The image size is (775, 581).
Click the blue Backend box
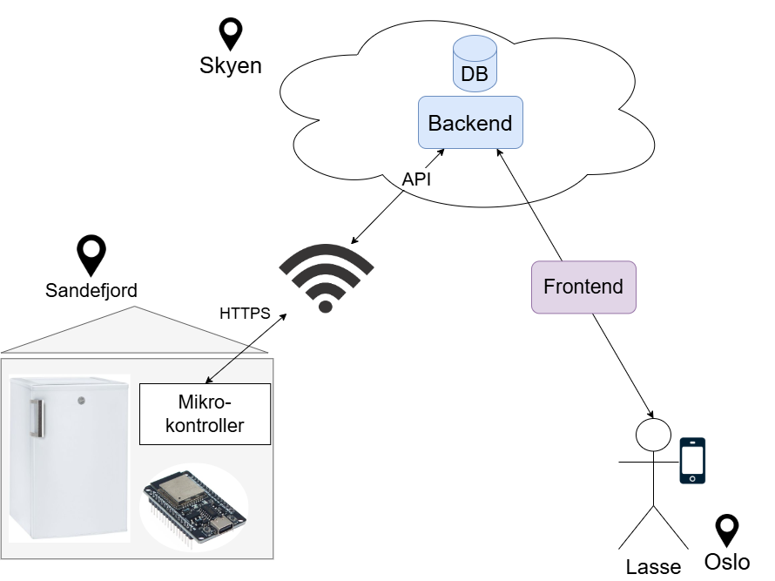click(x=470, y=123)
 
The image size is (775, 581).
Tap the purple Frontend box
click(x=583, y=287)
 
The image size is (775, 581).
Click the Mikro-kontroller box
click(x=205, y=414)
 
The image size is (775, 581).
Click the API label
click(x=416, y=179)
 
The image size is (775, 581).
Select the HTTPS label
click(x=245, y=313)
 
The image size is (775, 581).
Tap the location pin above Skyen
click(x=231, y=33)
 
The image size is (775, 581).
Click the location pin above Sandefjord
click(x=91, y=254)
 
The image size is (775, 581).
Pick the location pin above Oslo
click(x=726, y=530)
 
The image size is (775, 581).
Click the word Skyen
click(x=231, y=66)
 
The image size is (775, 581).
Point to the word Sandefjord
click(x=91, y=290)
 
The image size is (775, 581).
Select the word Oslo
click(x=726, y=562)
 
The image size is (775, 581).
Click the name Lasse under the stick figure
click(x=653, y=567)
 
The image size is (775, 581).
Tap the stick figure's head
click(x=653, y=433)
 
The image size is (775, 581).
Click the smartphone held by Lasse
click(x=692, y=460)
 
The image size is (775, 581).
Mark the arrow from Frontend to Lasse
click(x=622, y=365)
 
